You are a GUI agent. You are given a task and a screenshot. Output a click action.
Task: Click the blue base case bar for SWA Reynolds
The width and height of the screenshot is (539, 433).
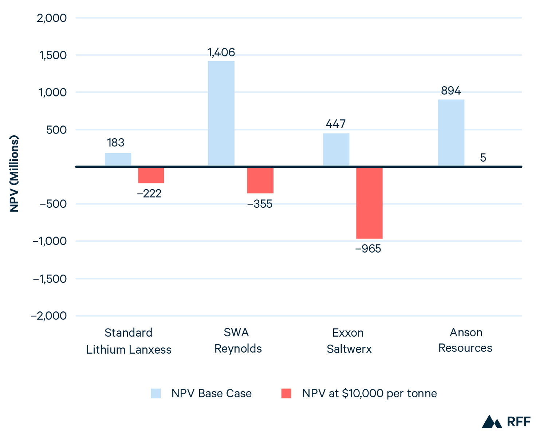click(x=221, y=114)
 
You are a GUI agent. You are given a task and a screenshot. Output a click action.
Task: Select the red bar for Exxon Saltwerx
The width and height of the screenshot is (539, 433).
click(x=369, y=203)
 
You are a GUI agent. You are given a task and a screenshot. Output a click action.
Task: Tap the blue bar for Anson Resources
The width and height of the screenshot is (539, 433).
click(x=451, y=133)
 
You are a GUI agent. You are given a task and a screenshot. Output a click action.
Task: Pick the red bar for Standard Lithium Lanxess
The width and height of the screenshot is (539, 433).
click(x=151, y=175)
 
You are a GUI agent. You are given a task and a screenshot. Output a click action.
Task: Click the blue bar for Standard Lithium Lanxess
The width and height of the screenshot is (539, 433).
click(x=118, y=159)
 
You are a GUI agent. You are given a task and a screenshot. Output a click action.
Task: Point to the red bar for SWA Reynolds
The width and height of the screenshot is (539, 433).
click(x=260, y=180)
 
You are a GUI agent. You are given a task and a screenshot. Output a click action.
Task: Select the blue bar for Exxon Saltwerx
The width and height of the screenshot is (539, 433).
click(x=336, y=150)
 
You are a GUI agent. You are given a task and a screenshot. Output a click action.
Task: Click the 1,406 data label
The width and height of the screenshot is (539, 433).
click(x=221, y=53)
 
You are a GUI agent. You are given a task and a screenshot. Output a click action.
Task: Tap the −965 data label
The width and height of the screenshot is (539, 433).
click(x=368, y=249)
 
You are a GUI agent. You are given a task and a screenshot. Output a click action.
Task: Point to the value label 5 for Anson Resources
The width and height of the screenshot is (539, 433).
click(x=483, y=158)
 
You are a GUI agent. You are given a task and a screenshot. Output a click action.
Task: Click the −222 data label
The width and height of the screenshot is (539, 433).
click(x=149, y=194)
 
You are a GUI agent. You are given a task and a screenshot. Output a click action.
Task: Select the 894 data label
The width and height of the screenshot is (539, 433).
click(x=451, y=91)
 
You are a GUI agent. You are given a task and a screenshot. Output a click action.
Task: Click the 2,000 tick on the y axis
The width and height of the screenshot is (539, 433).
click(x=52, y=18)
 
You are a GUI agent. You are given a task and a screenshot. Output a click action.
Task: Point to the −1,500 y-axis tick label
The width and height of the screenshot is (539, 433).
click(x=50, y=279)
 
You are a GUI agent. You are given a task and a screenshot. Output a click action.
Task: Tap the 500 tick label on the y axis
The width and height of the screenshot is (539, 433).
click(x=56, y=130)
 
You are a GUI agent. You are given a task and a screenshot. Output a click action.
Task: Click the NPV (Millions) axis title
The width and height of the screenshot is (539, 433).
click(x=14, y=174)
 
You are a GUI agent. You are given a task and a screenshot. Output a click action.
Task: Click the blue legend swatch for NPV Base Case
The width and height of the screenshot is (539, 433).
click(x=156, y=393)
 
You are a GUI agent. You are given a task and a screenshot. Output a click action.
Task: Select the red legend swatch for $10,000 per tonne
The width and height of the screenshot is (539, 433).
click(x=286, y=393)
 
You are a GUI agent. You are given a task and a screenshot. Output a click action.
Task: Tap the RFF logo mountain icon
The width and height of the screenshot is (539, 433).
click(x=492, y=422)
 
